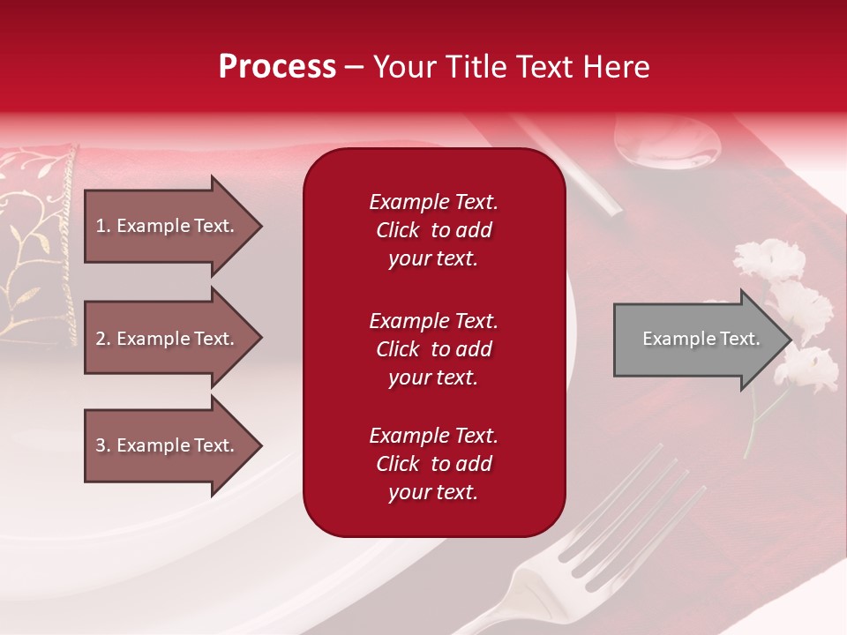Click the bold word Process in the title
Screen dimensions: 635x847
pos(277,67)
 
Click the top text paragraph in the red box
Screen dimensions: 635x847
pos(433,230)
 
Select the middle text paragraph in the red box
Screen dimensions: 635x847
pos(433,349)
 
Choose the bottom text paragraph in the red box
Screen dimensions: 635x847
pos(433,464)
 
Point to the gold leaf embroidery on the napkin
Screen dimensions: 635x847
pos(26,247)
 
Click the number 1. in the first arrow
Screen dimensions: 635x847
pos(102,226)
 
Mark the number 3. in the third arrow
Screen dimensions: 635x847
pos(102,445)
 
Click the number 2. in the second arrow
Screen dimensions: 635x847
pos(102,339)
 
